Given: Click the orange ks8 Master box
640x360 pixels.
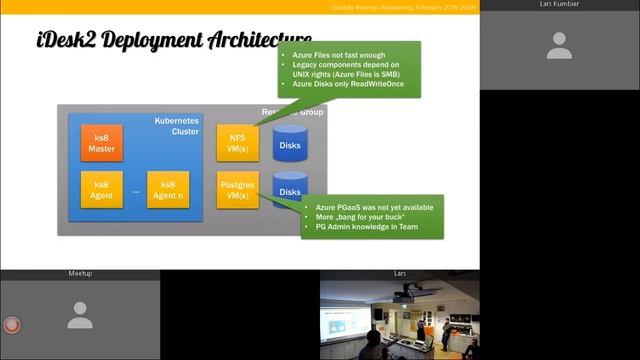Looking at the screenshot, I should [101, 143].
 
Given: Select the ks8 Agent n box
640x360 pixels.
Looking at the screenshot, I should [167, 190].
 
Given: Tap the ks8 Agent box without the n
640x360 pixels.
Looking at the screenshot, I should [101, 190].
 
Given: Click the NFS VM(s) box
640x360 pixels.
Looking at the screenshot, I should [237, 143].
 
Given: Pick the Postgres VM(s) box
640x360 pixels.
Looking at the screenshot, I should [237, 190].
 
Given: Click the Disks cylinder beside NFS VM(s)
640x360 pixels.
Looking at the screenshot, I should [289, 144].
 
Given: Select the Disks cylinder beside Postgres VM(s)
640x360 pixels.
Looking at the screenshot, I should [289, 190].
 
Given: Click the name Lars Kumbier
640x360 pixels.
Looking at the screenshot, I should [560, 4].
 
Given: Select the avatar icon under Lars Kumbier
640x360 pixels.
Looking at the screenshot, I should [559, 45].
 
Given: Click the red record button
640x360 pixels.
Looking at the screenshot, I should [12, 325].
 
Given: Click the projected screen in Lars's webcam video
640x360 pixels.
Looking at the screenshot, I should [345, 322].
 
